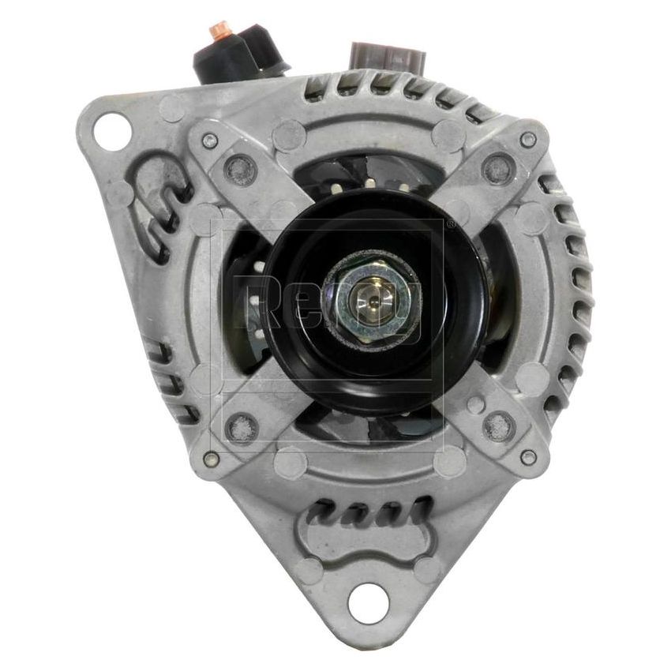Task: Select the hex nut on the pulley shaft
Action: pyautogui.click(x=370, y=298)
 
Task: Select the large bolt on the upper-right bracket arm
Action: pyautogui.click(x=497, y=167)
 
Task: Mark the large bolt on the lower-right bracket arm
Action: pyautogui.click(x=497, y=427)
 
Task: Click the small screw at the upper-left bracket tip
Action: pyautogui.click(x=209, y=141)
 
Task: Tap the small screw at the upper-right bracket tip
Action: pyautogui.click(x=527, y=140)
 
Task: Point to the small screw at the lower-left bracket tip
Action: pyautogui.click(x=210, y=458)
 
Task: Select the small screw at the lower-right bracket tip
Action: pyautogui.click(x=528, y=456)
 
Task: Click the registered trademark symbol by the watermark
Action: pyautogui.click(x=449, y=224)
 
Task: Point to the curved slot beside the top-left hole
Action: pyautogui.click(x=162, y=209)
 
